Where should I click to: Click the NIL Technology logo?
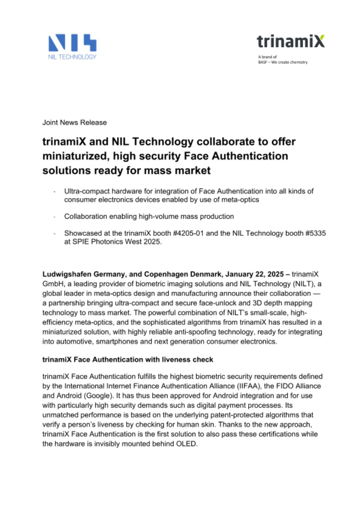[72, 47]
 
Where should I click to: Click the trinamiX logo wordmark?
[290, 41]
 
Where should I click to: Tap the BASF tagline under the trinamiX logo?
[282, 62]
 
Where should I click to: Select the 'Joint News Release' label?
[74, 122]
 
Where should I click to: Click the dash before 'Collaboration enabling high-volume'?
[54, 217]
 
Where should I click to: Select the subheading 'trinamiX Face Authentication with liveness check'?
[128, 359]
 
